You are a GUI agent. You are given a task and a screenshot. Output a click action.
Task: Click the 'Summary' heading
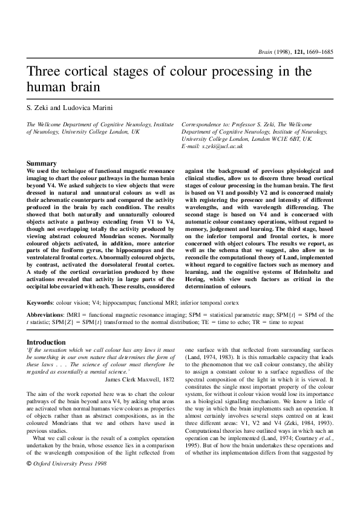(x=42, y=164)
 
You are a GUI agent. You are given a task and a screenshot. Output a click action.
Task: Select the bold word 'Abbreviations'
(x=46, y=314)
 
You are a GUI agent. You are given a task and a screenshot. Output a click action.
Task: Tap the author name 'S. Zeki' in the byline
(x=37, y=108)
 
